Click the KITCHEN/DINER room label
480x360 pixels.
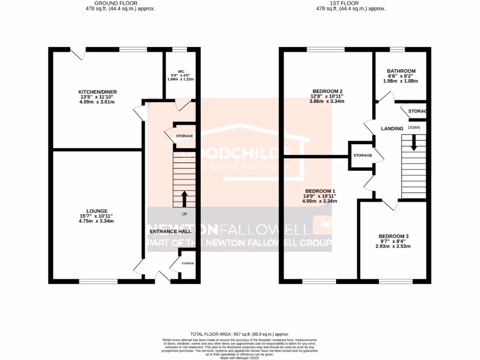click(x=97, y=91)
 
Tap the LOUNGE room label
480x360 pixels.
click(x=97, y=211)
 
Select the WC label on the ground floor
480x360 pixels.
click(x=180, y=71)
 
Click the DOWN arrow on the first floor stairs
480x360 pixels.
click(x=413, y=142)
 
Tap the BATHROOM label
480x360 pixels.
click(x=401, y=71)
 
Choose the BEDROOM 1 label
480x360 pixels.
click(x=320, y=191)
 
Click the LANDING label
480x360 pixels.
click(x=392, y=128)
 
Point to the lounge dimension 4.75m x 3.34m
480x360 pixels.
click(x=97, y=221)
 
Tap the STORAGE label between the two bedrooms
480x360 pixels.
click(x=362, y=155)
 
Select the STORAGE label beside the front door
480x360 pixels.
click(x=187, y=263)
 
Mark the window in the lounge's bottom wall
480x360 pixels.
click(x=98, y=281)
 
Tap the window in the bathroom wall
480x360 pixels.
click(x=397, y=49)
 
